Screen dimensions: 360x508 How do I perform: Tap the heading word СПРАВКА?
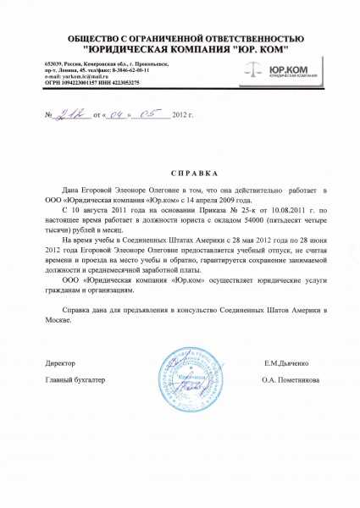point(180,171)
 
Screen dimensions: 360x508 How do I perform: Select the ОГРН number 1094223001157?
point(78,82)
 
